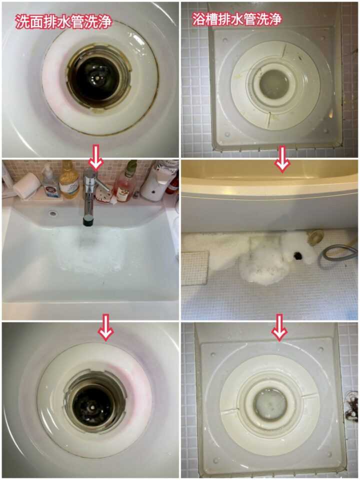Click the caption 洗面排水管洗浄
click(x=63, y=21)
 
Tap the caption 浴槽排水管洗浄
click(x=236, y=19)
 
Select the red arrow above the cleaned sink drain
click(x=105, y=327)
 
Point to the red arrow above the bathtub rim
click(x=282, y=158)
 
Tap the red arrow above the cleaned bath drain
click(x=279, y=327)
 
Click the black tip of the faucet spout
click(x=88, y=221)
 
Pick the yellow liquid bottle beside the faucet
click(x=69, y=180)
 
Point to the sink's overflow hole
click(x=52, y=213)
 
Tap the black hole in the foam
click(x=297, y=255)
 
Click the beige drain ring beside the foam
click(x=316, y=235)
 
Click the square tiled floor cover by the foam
click(x=194, y=268)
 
